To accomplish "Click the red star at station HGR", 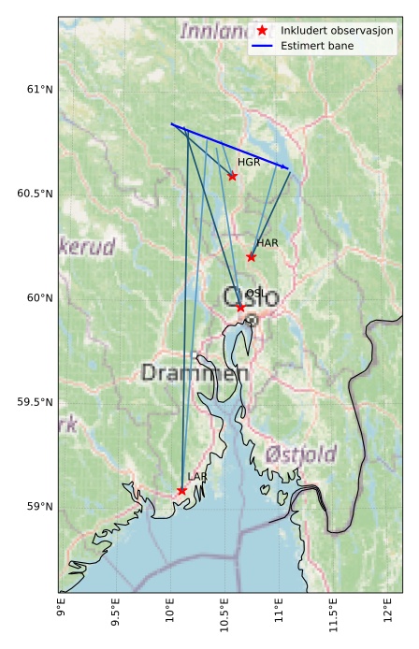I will [x=232, y=176].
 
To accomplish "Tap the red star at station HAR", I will [x=251, y=257].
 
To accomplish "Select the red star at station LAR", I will [x=181, y=491].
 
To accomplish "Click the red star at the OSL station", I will [x=240, y=307].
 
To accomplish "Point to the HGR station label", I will [x=249, y=163].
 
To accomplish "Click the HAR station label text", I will [x=267, y=243].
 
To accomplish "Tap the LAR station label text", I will [x=197, y=477].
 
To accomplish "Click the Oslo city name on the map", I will [x=251, y=298].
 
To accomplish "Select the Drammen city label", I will [x=195, y=373].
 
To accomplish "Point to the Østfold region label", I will [x=300, y=454].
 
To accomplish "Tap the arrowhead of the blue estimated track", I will [x=287, y=168].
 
